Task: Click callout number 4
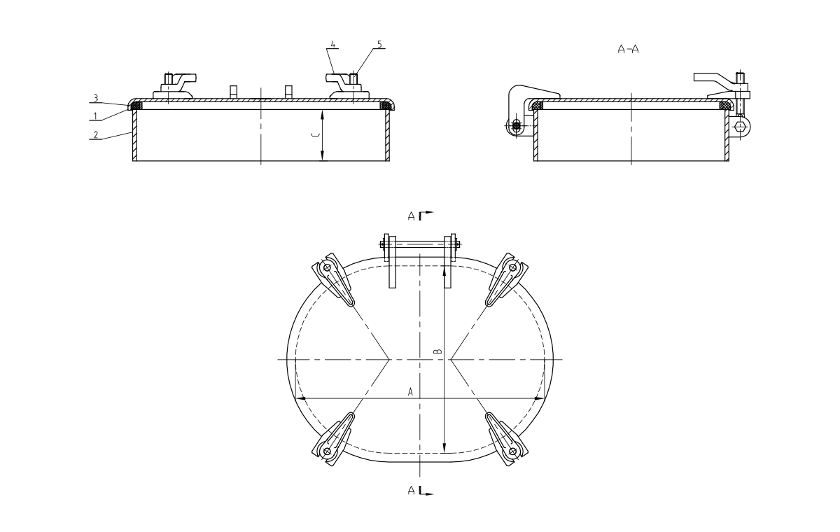tap(333, 44)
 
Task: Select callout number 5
tap(379, 44)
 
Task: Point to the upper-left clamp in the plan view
tap(333, 279)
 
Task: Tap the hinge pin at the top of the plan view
tap(420, 244)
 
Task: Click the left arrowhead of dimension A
tap(301, 398)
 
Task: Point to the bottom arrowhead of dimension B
tap(444, 449)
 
